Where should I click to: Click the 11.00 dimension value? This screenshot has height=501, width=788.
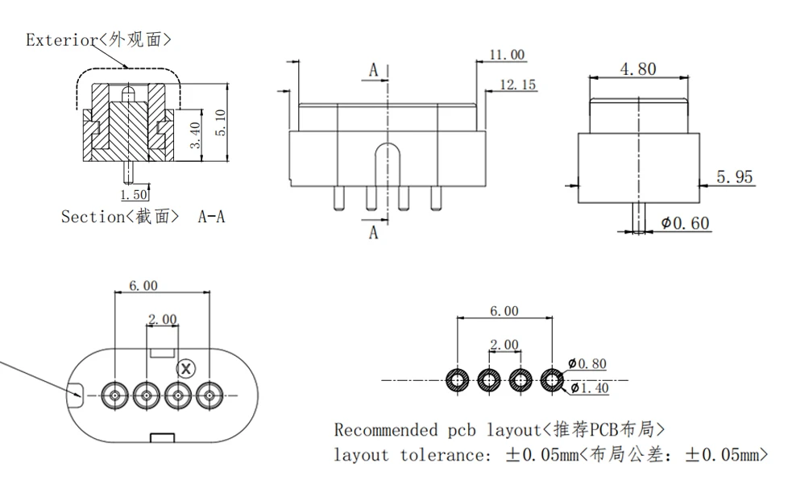coord(507,54)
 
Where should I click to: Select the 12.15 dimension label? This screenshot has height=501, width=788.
coord(517,85)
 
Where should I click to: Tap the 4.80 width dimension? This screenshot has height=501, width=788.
coord(638,68)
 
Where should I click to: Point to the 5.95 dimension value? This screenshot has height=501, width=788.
coord(734,177)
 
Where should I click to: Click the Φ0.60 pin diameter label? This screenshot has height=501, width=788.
coord(685,222)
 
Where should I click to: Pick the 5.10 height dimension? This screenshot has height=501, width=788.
coord(220,122)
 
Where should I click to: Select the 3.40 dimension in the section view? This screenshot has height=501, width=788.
coord(195,135)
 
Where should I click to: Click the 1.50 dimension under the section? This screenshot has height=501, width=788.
coord(134,194)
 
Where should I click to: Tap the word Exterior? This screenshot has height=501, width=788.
coord(60,39)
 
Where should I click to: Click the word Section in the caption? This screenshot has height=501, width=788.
coord(93,217)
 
